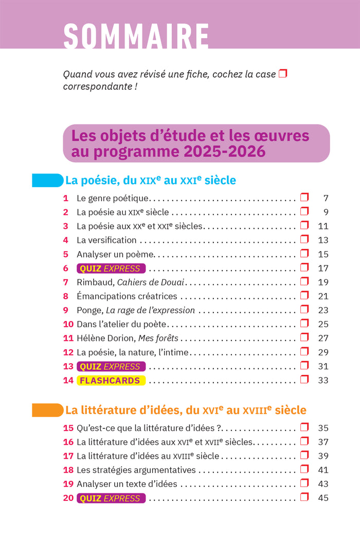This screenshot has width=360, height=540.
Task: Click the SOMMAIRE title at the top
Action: click(136, 36)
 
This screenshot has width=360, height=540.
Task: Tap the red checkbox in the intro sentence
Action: click(283, 74)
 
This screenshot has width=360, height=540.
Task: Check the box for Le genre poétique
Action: click(304, 197)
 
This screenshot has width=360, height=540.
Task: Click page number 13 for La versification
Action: click(323, 240)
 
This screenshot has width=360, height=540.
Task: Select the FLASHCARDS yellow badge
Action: click(111, 380)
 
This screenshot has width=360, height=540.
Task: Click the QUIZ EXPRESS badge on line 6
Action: click(111, 268)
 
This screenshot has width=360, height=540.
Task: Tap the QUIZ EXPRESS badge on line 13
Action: click(111, 366)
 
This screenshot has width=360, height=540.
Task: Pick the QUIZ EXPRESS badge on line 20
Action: click(111, 498)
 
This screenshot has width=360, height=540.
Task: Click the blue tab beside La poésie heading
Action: click(47, 180)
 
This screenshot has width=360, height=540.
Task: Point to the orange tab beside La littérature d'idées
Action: click(47, 410)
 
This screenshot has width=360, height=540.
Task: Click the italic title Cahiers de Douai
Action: click(151, 282)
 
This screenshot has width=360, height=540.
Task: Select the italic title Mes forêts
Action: click(158, 338)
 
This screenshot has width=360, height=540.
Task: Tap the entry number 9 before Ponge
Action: click(66, 310)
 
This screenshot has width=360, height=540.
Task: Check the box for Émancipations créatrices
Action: click(304, 295)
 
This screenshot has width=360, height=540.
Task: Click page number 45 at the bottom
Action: click(323, 498)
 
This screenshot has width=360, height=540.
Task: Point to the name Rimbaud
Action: click(96, 282)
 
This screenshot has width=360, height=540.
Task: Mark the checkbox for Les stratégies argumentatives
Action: click(304, 469)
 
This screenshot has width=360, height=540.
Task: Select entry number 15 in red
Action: click(68, 428)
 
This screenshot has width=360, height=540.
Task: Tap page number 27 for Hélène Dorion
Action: click(323, 338)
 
